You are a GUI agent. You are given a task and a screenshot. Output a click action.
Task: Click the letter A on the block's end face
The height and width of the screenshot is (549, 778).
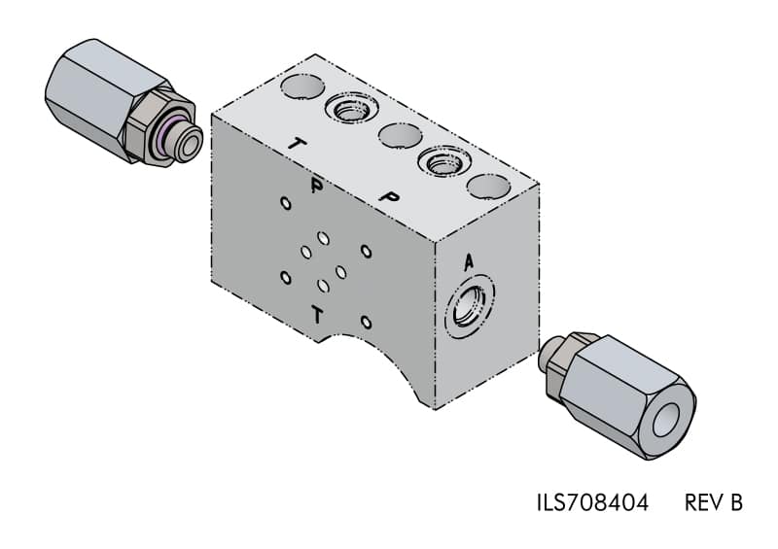point(468,262)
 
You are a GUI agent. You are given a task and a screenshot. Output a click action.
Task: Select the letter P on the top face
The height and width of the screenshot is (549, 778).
point(390,196)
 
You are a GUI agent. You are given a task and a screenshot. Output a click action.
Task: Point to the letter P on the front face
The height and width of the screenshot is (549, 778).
point(316,185)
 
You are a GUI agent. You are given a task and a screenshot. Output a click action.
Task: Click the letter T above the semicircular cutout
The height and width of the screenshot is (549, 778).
point(317,315)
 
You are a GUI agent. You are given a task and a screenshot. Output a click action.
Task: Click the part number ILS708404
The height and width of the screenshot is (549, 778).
point(593,503)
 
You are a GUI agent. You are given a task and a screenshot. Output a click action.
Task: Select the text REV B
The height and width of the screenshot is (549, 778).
point(714,503)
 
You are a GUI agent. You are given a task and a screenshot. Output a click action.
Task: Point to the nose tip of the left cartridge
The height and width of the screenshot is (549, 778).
point(190,141)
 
